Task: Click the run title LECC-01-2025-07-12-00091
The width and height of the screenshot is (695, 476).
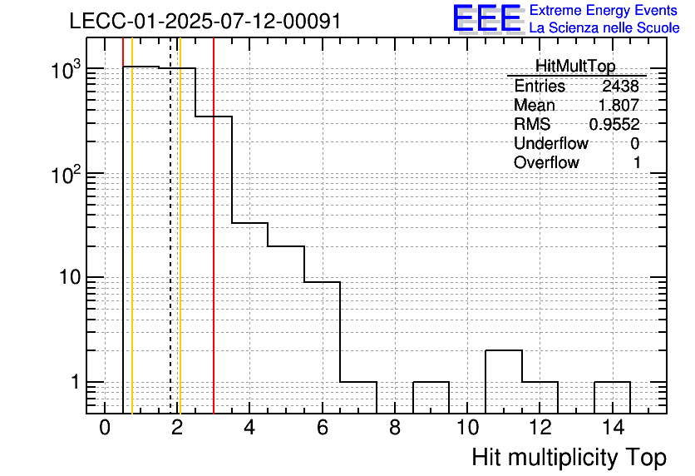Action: point(205,21)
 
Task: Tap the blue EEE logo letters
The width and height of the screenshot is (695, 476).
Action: point(487,18)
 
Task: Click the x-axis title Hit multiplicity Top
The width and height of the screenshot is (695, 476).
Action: point(569,457)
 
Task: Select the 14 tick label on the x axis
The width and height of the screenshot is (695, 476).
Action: point(613,428)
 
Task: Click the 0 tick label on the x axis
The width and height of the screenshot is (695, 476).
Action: point(105,428)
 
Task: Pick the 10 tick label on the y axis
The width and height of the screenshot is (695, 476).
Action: point(70,277)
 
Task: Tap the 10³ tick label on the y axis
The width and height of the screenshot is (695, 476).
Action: point(67,70)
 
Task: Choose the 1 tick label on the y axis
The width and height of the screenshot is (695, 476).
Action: point(76,382)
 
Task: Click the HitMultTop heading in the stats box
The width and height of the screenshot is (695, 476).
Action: point(575,66)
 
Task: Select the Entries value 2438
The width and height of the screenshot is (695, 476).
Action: point(620,86)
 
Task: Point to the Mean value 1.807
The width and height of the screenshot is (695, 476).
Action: point(619,105)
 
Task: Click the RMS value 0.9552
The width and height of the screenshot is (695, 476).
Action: point(614,125)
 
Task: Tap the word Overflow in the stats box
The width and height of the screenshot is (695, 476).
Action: point(546,162)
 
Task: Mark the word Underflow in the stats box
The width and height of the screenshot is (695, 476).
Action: point(551,143)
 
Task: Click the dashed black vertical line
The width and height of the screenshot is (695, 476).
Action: point(170,226)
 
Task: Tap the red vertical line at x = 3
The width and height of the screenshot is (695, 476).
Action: point(214,226)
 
